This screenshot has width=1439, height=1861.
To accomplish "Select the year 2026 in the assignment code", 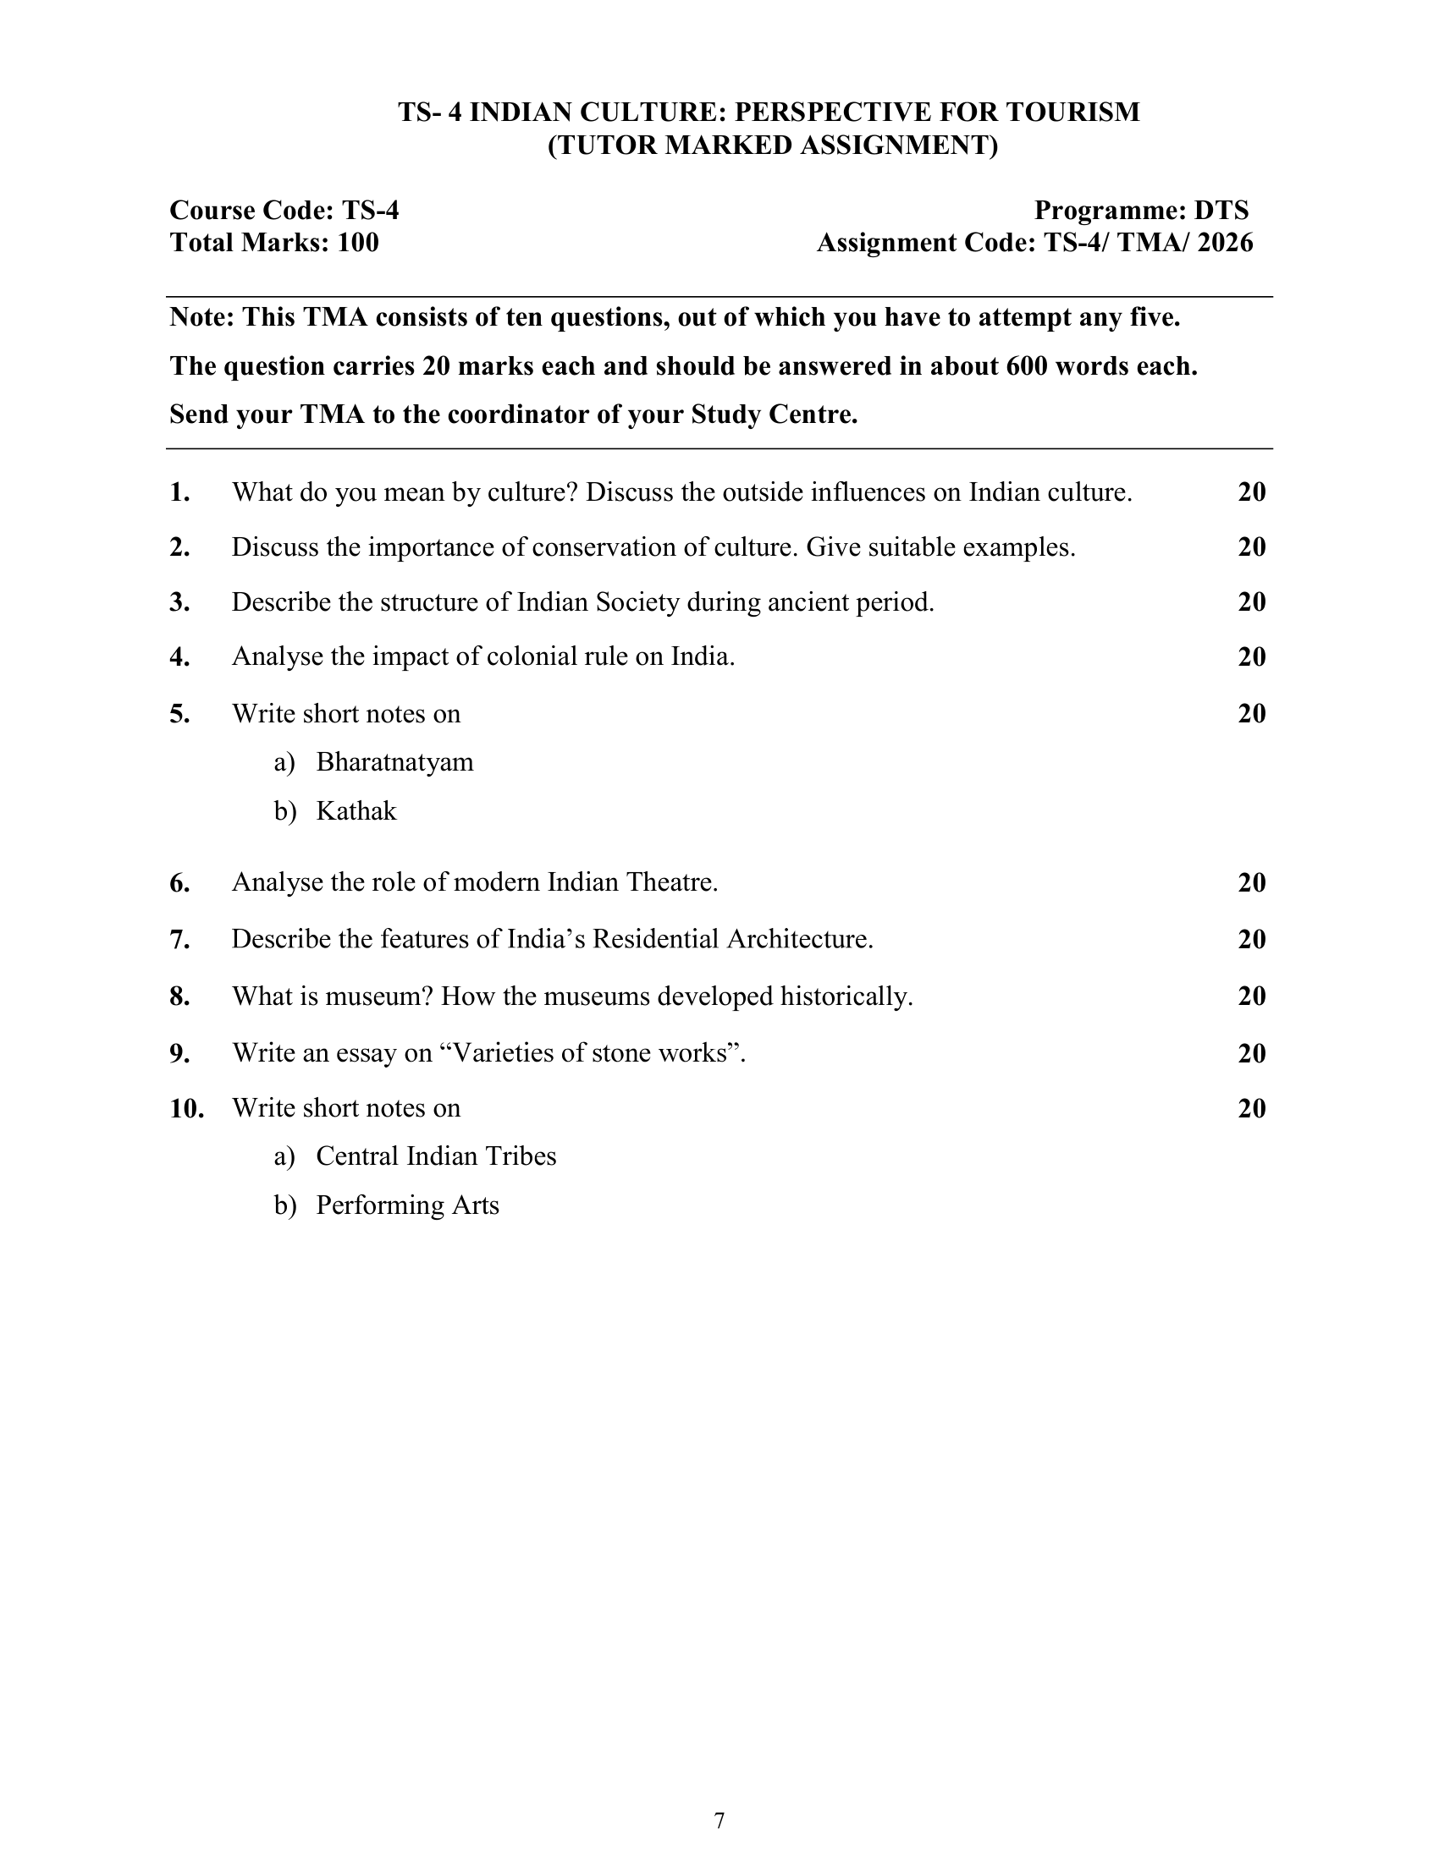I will (x=1225, y=244).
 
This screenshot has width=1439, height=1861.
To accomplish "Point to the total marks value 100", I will (x=358, y=244).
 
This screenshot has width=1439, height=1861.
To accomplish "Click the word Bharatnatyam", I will (x=394, y=762).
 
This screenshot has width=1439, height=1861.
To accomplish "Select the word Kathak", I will (x=356, y=811).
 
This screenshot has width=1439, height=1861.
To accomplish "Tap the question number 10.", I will (x=186, y=1109).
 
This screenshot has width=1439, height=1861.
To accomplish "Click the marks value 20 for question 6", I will (x=1251, y=883).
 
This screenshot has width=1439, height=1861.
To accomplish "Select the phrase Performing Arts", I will (x=406, y=1205).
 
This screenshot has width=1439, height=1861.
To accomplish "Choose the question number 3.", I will (x=179, y=602).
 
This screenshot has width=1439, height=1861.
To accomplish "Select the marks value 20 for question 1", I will (x=1251, y=492).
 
